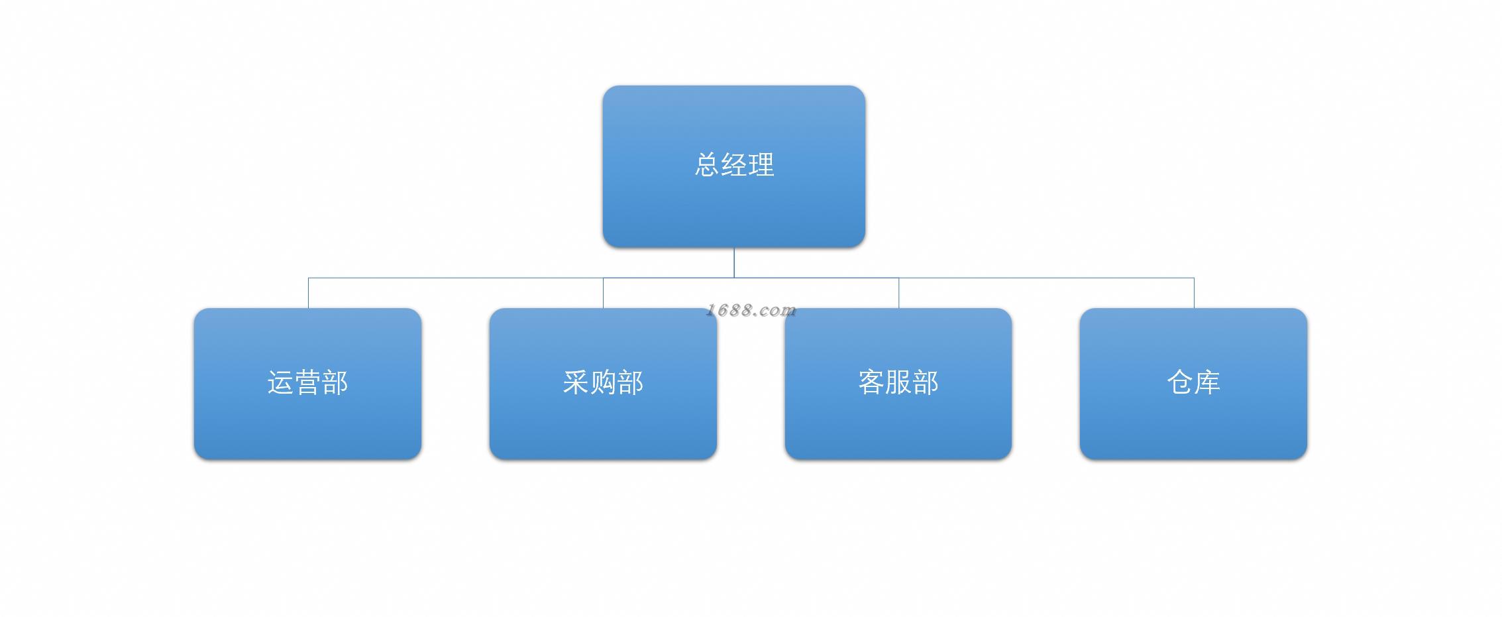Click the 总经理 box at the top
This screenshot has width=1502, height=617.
tap(733, 166)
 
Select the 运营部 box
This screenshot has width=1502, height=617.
tap(307, 384)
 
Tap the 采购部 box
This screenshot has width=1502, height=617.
tap(603, 384)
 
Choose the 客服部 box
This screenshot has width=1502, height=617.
tap(898, 384)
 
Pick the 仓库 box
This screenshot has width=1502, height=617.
tap(1193, 384)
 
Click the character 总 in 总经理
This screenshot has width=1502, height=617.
tap(707, 165)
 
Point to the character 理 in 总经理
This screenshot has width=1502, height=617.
tap(761, 165)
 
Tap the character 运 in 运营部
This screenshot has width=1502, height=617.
tap(280, 383)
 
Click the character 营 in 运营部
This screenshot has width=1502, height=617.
tap(307, 383)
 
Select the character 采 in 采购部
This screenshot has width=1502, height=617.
tap(576, 383)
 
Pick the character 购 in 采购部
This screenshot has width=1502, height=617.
tap(603, 383)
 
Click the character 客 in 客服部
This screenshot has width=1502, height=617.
tap(871, 383)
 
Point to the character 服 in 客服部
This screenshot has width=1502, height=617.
tap(898, 383)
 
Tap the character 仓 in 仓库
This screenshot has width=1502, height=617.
tap(1180, 383)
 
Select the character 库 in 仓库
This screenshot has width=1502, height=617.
tap(1207, 383)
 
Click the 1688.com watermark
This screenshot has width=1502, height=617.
tap(751, 310)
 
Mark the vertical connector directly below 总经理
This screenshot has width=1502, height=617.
tap(734, 263)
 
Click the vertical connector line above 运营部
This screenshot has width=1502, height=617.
tap(308, 293)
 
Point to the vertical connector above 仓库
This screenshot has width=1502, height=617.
tap(1194, 293)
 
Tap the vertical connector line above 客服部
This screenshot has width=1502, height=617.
tap(898, 293)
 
